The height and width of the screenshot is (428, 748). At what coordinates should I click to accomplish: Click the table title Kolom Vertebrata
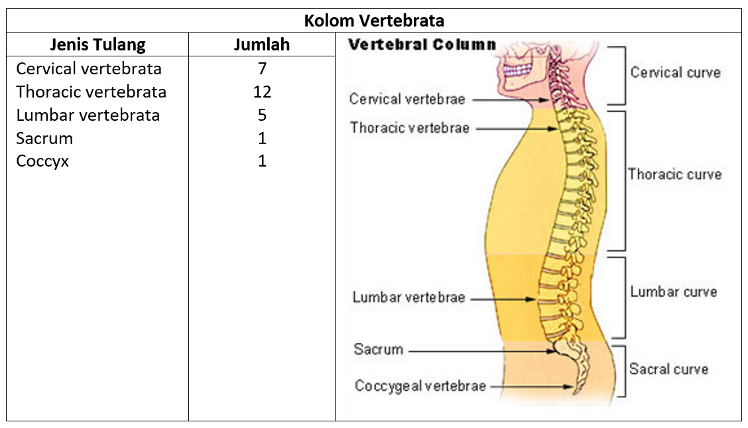(x=374, y=21)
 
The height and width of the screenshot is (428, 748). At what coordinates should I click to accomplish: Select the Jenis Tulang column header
(x=97, y=45)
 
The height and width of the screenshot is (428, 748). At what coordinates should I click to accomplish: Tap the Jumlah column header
(x=262, y=45)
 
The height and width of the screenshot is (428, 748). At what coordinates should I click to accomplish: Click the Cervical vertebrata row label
(x=89, y=69)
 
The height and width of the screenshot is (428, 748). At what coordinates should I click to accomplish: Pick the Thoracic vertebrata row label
(x=92, y=92)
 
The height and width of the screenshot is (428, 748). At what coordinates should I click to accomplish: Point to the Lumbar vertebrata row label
(x=88, y=115)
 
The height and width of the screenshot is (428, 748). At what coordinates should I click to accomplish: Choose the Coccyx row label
(x=42, y=161)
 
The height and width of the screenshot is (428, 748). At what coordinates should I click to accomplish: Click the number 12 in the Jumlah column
(x=262, y=92)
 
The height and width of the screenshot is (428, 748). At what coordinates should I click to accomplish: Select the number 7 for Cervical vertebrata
(x=262, y=69)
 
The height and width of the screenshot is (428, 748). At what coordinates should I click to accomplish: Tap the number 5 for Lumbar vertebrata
(x=262, y=115)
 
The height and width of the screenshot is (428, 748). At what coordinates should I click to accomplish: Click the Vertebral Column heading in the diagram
(x=422, y=45)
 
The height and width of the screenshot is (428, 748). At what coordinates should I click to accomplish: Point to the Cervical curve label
(x=675, y=72)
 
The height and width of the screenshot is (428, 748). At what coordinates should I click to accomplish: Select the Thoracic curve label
(x=674, y=175)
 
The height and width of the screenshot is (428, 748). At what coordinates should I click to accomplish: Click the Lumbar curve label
(x=673, y=292)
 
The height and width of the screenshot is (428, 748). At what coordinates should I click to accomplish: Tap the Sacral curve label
(x=668, y=369)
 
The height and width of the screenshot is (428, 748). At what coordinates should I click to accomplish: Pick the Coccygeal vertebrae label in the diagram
(x=420, y=386)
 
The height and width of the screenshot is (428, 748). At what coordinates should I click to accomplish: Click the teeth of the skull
(x=519, y=69)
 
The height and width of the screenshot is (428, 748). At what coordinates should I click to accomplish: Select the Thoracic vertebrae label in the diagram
(x=409, y=128)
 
